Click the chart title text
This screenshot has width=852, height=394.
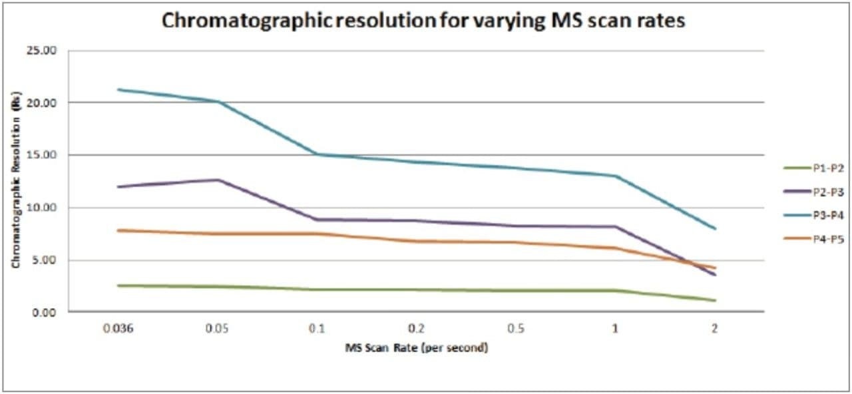point(424,21)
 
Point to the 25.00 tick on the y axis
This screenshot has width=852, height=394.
point(44,51)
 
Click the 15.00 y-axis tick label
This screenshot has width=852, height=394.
point(44,155)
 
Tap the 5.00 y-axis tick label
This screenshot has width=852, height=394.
point(47,260)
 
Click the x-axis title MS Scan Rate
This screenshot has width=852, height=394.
point(416,348)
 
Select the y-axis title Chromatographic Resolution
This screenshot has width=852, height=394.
point(15,181)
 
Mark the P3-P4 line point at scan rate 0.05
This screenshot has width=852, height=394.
point(217,101)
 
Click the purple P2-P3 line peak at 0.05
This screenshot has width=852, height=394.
point(217,180)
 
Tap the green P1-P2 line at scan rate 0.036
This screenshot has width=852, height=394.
point(118,286)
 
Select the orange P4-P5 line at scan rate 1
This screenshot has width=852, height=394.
point(615,248)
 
